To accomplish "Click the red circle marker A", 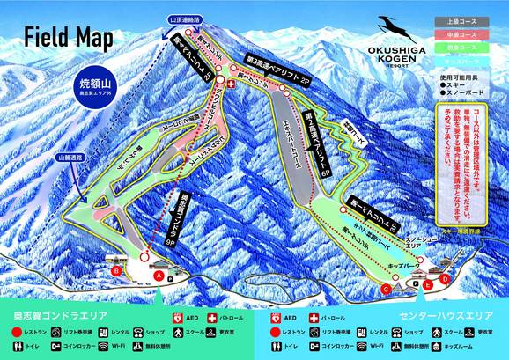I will click(x=159, y=275).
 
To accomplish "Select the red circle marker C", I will click(x=386, y=288).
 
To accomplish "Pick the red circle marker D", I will click(x=445, y=278).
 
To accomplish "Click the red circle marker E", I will click(x=428, y=285).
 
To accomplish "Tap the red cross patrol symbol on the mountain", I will click(x=232, y=84).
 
